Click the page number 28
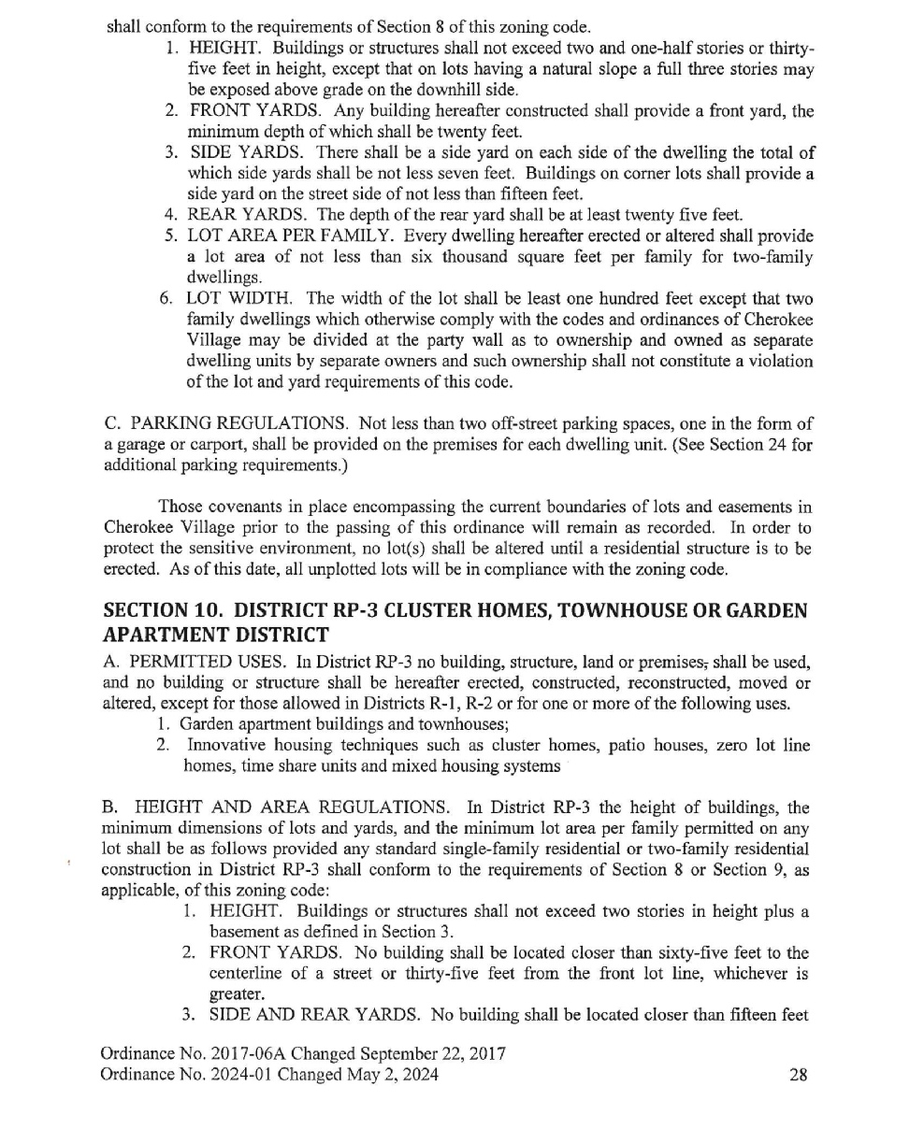[x=798, y=1075]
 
